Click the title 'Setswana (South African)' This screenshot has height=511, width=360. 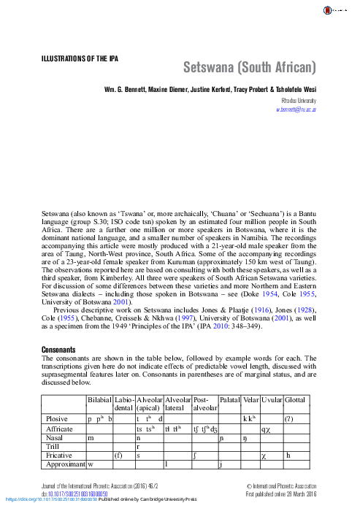point(249,70)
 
